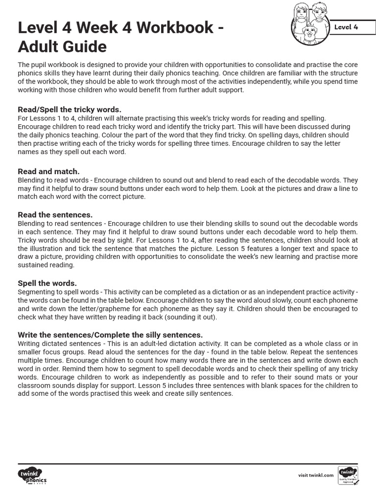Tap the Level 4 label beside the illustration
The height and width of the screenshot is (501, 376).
(346, 27)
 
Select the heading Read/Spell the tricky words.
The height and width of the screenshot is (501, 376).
(70, 110)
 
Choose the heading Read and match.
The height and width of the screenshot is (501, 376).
(48, 171)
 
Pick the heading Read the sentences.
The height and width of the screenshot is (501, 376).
(55, 215)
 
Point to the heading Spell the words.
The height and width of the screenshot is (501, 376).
(47, 283)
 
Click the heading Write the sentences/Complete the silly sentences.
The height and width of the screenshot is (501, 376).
(110, 335)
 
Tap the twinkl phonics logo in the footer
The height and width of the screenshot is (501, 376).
(32, 475)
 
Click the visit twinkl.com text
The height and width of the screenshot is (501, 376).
(316, 475)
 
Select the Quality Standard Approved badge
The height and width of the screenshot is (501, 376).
(348, 475)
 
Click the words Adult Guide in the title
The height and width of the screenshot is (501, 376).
(62, 47)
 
